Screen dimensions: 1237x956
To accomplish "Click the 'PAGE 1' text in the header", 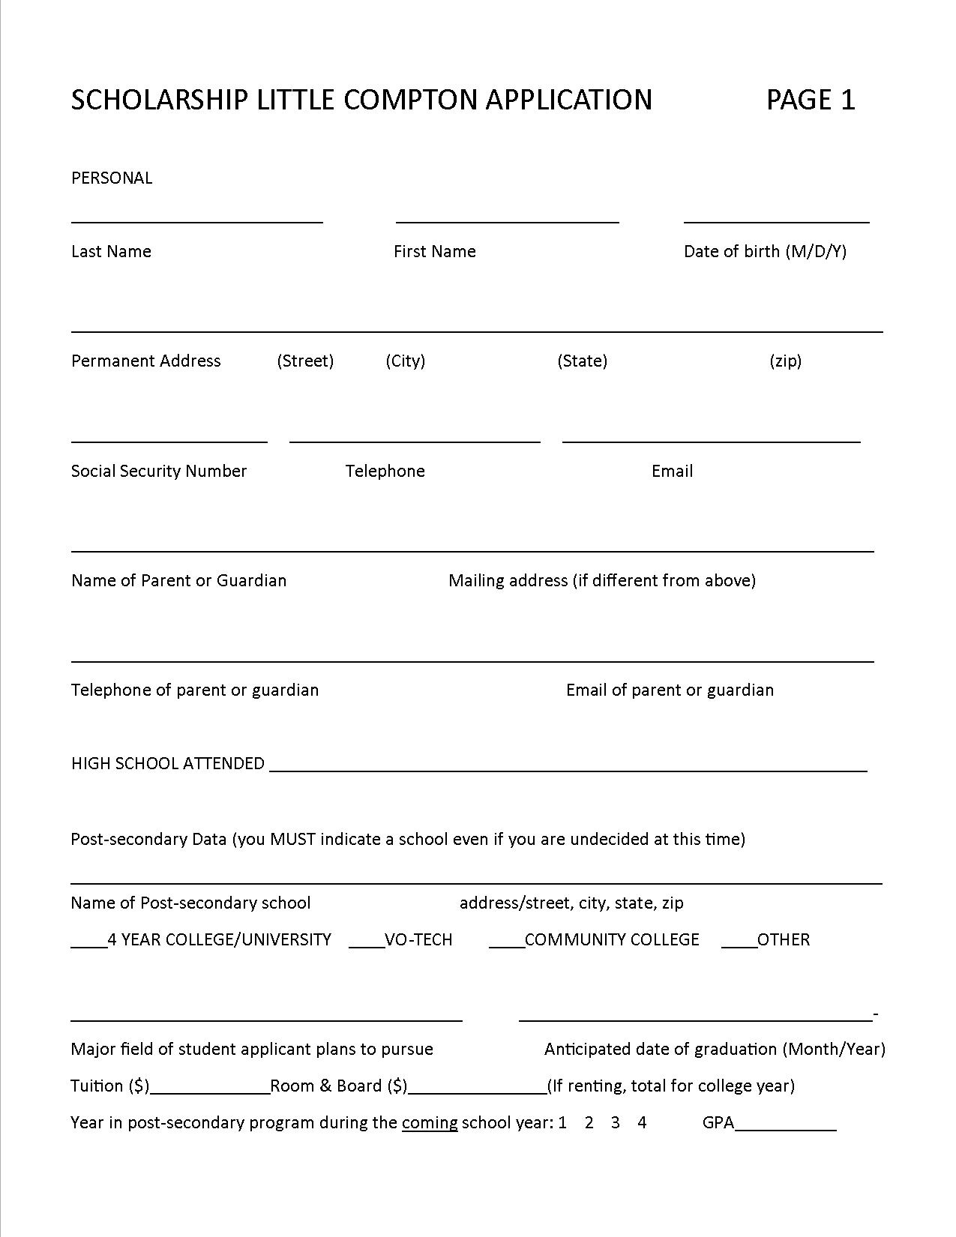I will (x=810, y=100).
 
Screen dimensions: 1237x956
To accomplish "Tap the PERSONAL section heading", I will (x=112, y=178).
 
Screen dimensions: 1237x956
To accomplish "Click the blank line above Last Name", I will (x=196, y=220).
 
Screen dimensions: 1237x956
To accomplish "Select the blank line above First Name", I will (x=507, y=220).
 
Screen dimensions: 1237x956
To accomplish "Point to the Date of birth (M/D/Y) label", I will (x=765, y=251).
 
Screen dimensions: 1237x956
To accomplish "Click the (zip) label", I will (x=785, y=361).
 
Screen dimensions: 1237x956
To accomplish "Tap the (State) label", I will (x=582, y=361).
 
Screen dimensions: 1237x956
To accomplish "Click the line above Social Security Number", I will (x=169, y=441).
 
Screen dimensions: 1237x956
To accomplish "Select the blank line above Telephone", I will (x=415, y=441).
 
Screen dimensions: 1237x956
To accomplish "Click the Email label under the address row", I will (x=672, y=471).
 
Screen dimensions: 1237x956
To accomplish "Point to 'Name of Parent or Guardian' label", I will (x=178, y=580).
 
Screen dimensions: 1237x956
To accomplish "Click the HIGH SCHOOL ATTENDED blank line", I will (x=568, y=769).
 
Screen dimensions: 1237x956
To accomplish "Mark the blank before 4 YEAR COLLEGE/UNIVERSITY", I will (x=89, y=946).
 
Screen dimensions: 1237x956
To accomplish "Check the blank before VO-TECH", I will (x=367, y=946).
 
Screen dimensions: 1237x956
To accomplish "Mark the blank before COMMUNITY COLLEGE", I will (x=507, y=946).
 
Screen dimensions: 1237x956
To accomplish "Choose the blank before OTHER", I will (x=739, y=946).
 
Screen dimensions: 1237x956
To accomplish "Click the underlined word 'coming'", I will (x=430, y=1122).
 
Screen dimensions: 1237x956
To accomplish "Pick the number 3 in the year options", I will (x=616, y=1122).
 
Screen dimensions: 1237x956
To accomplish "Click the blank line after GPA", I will (x=786, y=1128).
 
